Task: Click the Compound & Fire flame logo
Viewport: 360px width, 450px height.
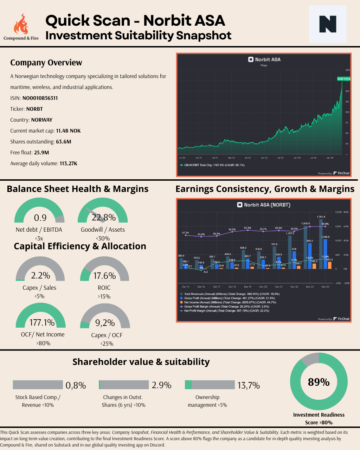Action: tap(21, 24)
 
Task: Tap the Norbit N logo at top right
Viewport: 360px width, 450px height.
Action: tap(328, 24)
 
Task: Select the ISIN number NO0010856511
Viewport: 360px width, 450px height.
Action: tap(40, 98)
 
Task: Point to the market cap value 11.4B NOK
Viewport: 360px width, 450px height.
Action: tap(68, 131)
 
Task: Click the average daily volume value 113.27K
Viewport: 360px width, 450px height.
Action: tap(68, 163)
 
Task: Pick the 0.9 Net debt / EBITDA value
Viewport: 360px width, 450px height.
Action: tap(40, 218)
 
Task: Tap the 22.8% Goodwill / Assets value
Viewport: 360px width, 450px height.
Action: tap(104, 218)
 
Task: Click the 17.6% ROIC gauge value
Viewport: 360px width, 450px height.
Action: tap(104, 276)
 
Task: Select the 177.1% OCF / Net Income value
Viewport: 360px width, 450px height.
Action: tap(42, 322)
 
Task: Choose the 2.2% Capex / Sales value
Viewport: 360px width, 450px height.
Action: tap(40, 275)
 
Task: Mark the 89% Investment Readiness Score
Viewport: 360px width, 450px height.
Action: tap(319, 382)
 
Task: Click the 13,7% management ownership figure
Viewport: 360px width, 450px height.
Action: tap(249, 386)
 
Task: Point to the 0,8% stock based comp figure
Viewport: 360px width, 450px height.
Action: tap(76, 386)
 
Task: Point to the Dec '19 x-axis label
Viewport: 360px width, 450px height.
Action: tap(247, 287)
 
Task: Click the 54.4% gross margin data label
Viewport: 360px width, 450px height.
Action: tap(247, 228)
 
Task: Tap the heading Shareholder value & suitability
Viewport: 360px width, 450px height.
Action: tap(141, 362)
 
